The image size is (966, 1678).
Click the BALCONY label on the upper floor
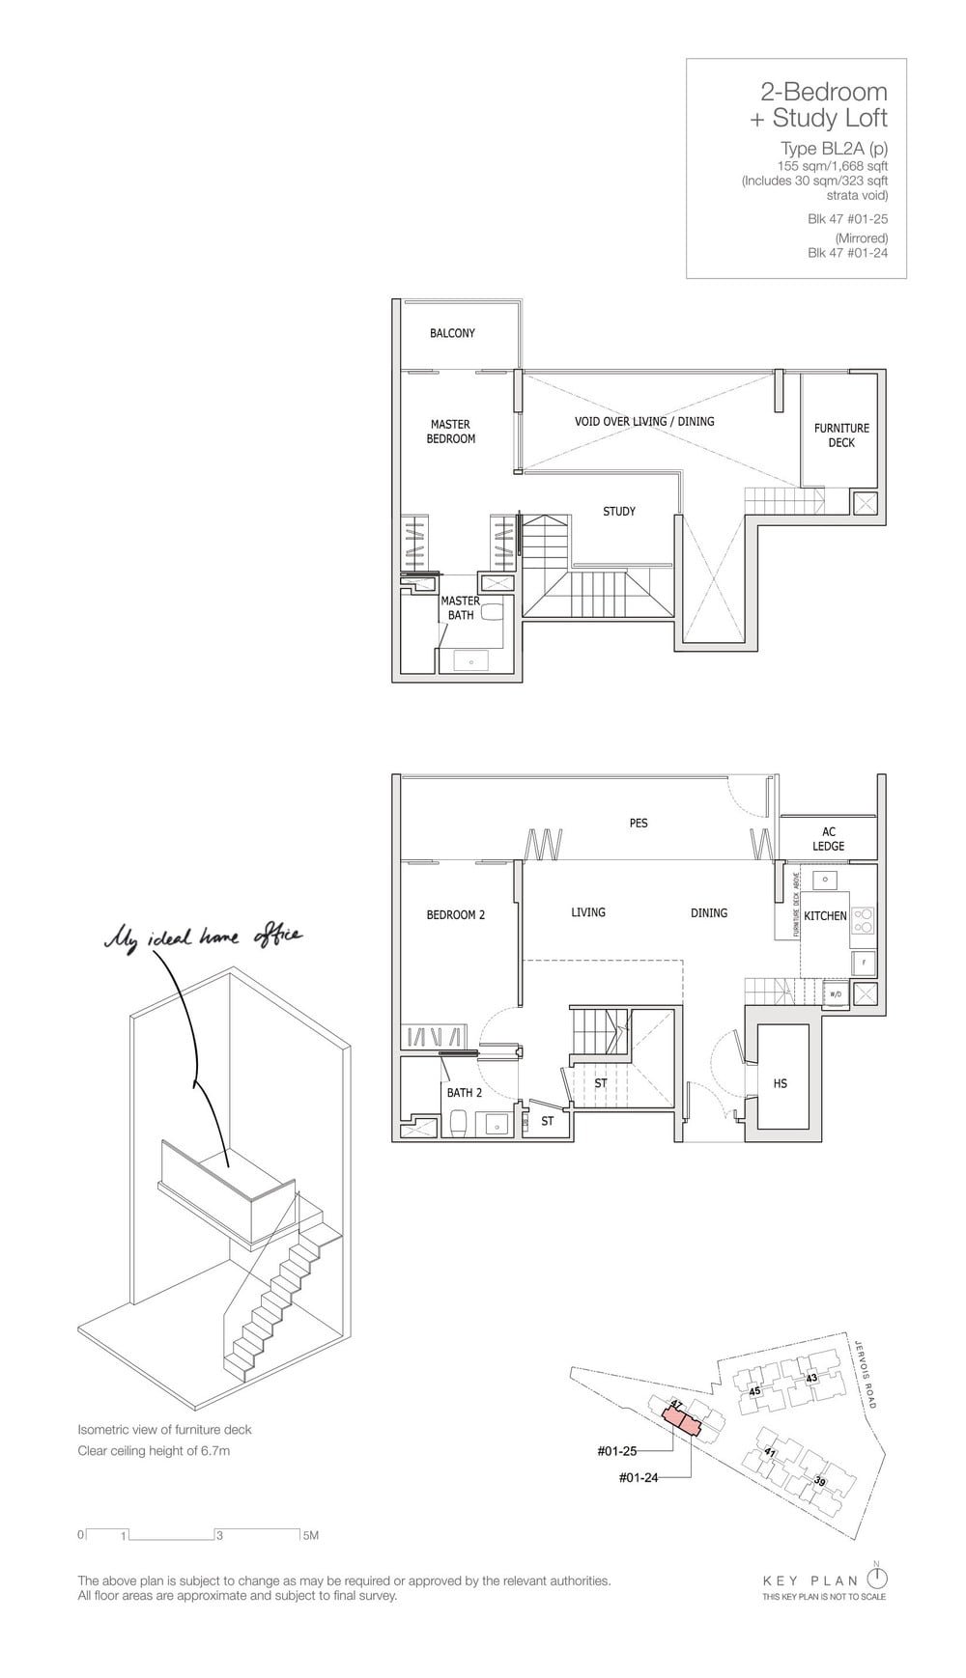pyautogui.click(x=452, y=333)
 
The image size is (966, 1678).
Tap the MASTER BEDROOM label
pyautogui.click(x=451, y=432)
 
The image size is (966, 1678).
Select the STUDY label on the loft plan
pyautogui.click(x=619, y=512)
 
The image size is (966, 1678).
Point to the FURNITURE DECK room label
pyautogui.click(x=841, y=435)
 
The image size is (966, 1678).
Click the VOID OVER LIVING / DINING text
pyautogui.click(x=644, y=421)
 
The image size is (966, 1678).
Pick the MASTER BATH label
pyautogui.click(x=461, y=608)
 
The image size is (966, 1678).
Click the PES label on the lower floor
pyautogui.click(x=639, y=824)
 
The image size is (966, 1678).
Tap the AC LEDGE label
pyautogui.click(x=829, y=839)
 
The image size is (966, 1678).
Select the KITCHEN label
pyautogui.click(x=825, y=915)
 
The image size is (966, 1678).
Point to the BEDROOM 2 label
pyautogui.click(x=456, y=915)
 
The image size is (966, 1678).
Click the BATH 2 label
pyautogui.click(x=465, y=1093)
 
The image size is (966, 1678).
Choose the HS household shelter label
pyautogui.click(x=781, y=1084)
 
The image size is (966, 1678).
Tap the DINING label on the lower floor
pyautogui.click(x=709, y=913)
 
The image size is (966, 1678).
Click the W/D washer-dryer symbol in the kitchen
pyautogui.click(x=835, y=993)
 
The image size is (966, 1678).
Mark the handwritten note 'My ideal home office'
pyautogui.click(x=204, y=936)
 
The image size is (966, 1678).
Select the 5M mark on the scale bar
pyautogui.click(x=310, y=1535)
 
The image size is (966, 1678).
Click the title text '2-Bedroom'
pyautogui.click(x=823, y=92)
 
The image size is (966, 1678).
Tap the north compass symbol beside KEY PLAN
pyautogui.click(x=877, y=1577)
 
